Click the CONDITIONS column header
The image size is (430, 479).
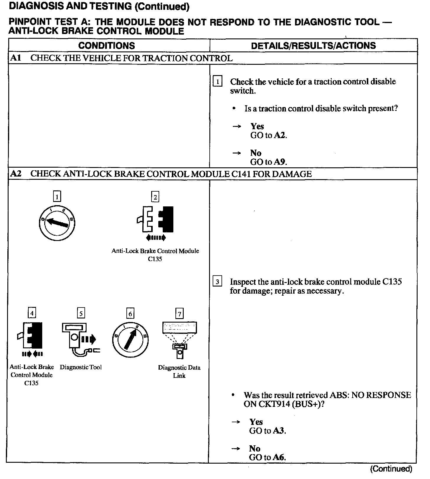107,46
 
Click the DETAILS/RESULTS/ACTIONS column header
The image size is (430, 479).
313,46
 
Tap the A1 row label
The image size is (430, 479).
15,58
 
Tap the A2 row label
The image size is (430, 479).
15,174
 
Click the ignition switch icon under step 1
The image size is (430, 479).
57,222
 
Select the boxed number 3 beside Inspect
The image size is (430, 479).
217,281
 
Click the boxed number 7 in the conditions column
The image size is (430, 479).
179,313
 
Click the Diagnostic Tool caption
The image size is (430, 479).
81,367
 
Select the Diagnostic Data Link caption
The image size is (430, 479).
179,371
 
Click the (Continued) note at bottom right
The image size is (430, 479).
391,469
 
